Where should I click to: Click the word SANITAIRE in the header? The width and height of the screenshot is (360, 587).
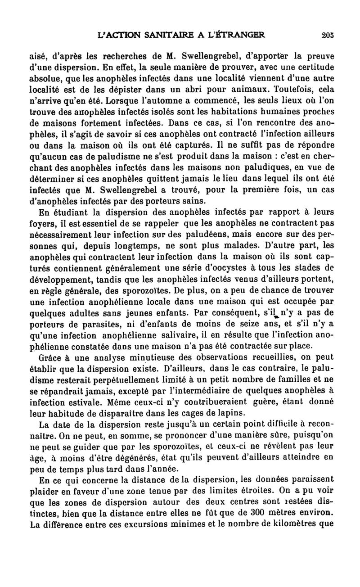149,35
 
